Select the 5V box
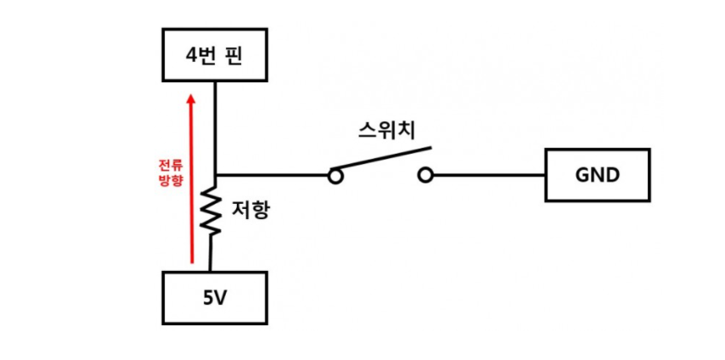(214, 297)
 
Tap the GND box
(598, 175)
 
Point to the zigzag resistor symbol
(211, 212)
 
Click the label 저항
(250, 209)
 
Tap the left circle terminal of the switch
(336, 176)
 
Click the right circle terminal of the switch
(426, 176)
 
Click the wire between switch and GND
(489, 176)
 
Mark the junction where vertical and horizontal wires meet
(215, 176)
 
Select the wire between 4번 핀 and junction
(215, 127)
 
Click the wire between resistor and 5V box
(211, 255)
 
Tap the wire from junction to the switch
(272, 176)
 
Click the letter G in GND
(582, 175)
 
